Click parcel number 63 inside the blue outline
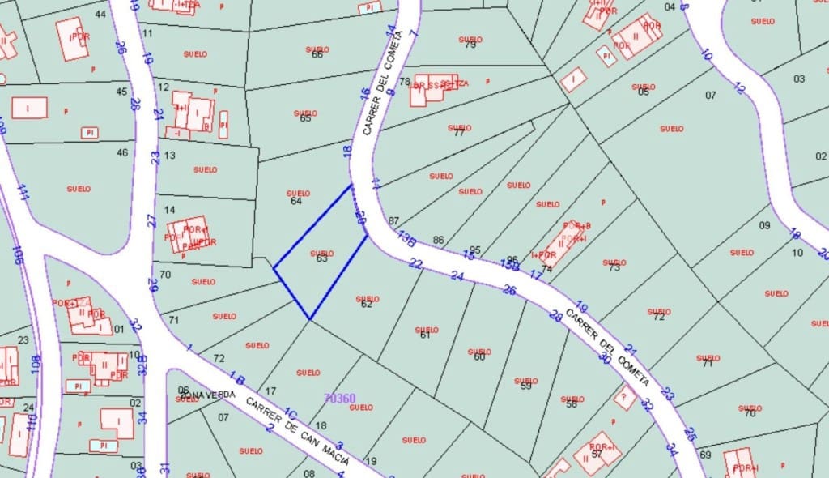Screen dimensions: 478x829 321,258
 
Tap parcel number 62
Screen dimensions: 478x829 366,304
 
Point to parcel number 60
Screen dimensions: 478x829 478,356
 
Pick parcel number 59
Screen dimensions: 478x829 526,386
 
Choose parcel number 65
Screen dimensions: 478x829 305,118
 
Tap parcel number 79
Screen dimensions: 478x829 470,45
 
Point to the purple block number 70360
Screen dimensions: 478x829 339,398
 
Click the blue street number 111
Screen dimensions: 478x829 23,192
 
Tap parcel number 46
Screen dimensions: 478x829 122,152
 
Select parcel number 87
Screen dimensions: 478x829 394,220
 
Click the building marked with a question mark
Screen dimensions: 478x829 623,397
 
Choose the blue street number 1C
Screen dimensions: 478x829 291,414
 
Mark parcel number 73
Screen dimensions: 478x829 614,267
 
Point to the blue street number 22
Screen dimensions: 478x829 416,262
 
